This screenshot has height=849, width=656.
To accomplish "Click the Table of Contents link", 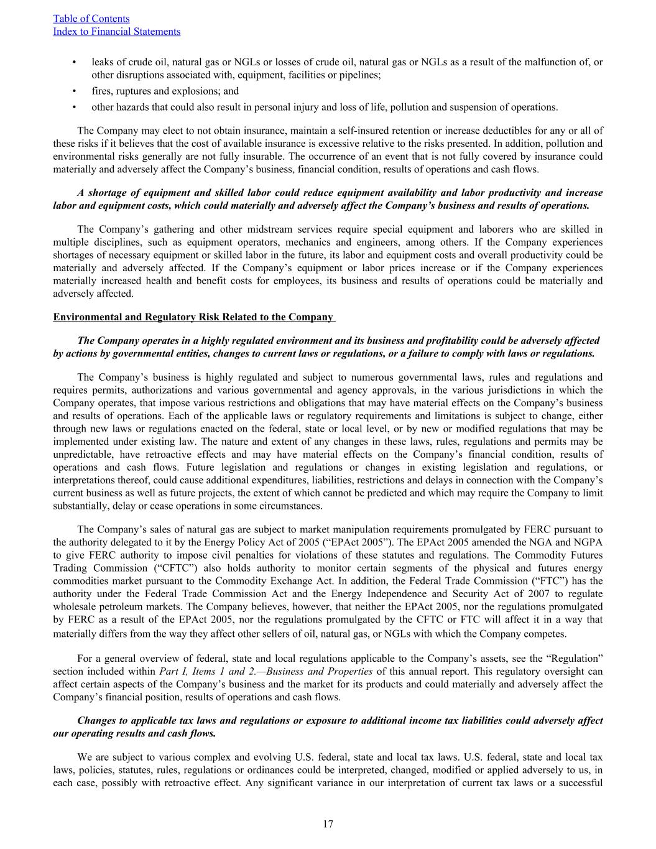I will tap(91, 19).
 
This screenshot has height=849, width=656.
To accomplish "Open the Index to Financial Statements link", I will tap(117, 32).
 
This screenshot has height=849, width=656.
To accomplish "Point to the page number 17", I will tap(328, 824).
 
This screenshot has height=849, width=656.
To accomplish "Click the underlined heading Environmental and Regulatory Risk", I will tap(193, 317).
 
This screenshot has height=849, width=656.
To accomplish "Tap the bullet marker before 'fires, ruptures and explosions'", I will tap(75, 91).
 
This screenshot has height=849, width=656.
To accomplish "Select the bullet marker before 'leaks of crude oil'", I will tap(75, 62).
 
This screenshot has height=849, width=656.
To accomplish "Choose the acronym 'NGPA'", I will tap(589, 542).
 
